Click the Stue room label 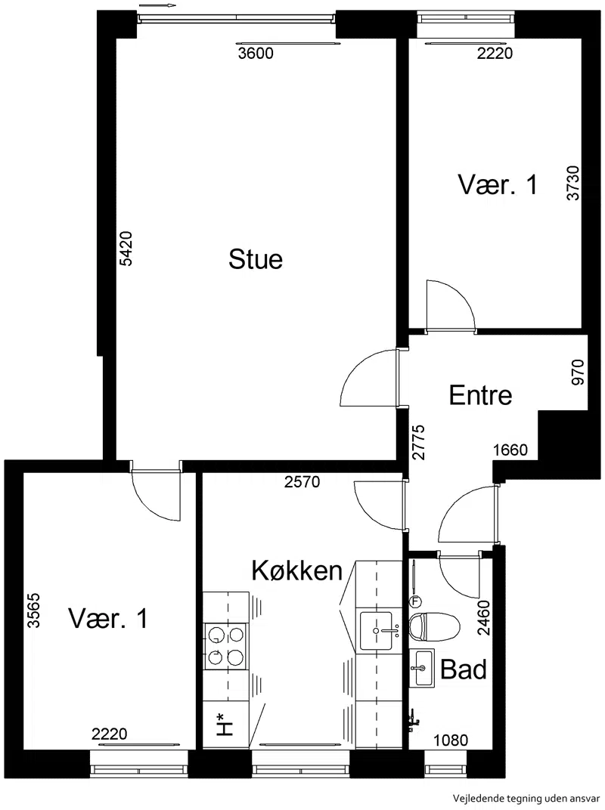pos(256,259)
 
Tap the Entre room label pos(480,395)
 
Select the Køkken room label pos(296,570)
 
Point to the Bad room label pos(464,669)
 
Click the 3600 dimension pos(256,53)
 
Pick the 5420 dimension pos(126,249)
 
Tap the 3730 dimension pos(573,183)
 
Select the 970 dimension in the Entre pos(577,373)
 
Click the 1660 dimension pos(510,450)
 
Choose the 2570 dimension pos(302,482)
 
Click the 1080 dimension pos(451,740)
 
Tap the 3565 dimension pos(34,610)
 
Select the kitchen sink pos(377,630)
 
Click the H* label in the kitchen pos(224,724)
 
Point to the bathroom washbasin pos(422,668)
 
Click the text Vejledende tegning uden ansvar pos(526,799)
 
